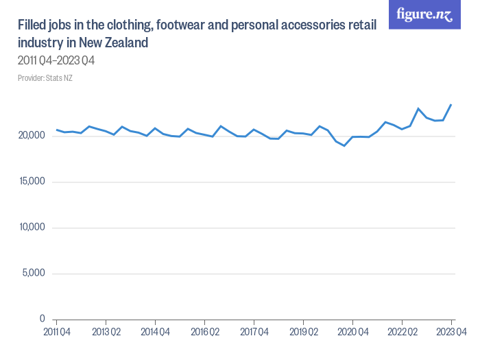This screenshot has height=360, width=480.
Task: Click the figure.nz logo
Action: coord(424,14)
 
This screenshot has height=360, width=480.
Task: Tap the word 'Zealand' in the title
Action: coord(125,43)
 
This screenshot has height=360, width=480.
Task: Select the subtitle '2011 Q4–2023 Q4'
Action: coord(56,61)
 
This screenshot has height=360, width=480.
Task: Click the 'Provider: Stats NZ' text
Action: coord(45,78)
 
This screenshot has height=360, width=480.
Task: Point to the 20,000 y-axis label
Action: coord(31,136)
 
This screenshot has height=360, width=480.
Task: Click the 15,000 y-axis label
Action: coord(32,182)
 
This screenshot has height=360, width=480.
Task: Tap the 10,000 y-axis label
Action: coord(32,228)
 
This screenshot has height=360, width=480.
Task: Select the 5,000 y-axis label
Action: coord(34,274)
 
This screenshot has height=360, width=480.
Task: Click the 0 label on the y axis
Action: coord(42,319)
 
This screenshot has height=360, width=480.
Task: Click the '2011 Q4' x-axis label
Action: coord(56,332)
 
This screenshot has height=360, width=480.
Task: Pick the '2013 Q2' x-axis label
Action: coord(106,332)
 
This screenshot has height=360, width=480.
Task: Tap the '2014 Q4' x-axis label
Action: coord(155,332)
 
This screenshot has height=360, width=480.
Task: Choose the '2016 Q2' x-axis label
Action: coord(204,332)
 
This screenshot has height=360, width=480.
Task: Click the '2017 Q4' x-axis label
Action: coord(254,332)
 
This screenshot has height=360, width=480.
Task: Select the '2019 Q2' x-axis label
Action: coord(303,332)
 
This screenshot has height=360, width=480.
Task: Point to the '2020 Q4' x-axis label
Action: coord(352,332)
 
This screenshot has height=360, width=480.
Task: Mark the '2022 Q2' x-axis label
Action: coord(402,332)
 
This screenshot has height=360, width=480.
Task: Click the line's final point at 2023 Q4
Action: coord(451,105)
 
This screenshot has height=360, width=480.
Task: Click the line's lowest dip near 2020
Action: coord(344,145)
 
